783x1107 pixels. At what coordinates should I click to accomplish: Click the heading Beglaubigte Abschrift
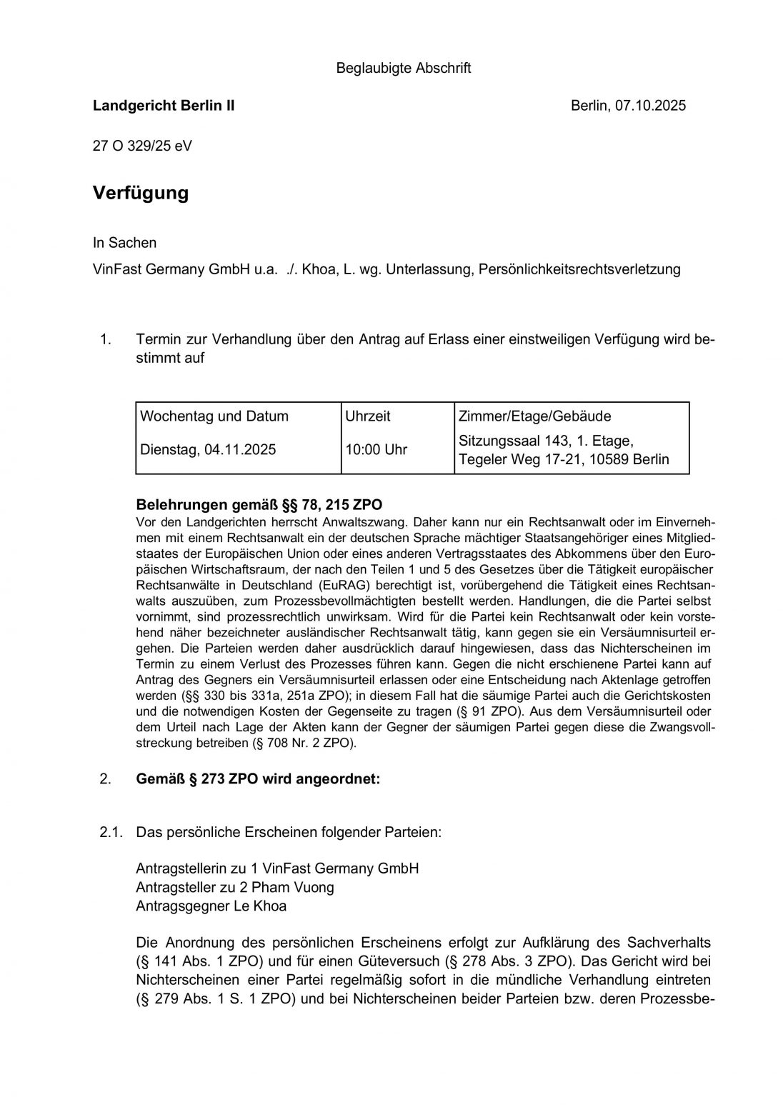403,69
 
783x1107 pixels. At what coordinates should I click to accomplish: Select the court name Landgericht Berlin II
164,106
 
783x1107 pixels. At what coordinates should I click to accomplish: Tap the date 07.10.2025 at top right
650,106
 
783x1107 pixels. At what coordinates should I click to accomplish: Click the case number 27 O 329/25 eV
142,146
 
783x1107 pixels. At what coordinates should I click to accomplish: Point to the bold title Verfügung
141,193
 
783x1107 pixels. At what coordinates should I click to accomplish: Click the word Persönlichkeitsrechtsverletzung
579,269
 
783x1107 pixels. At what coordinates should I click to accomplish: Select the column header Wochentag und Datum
214,416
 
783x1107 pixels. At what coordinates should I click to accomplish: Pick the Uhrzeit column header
368,416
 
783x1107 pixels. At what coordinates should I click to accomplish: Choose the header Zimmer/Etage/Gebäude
534,416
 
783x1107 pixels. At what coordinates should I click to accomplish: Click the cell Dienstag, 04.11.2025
208,450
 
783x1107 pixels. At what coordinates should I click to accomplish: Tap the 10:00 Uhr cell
376,450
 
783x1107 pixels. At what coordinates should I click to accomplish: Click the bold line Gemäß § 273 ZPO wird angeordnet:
258,779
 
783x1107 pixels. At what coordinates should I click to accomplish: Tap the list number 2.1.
112,832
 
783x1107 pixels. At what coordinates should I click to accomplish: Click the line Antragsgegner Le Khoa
211,906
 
